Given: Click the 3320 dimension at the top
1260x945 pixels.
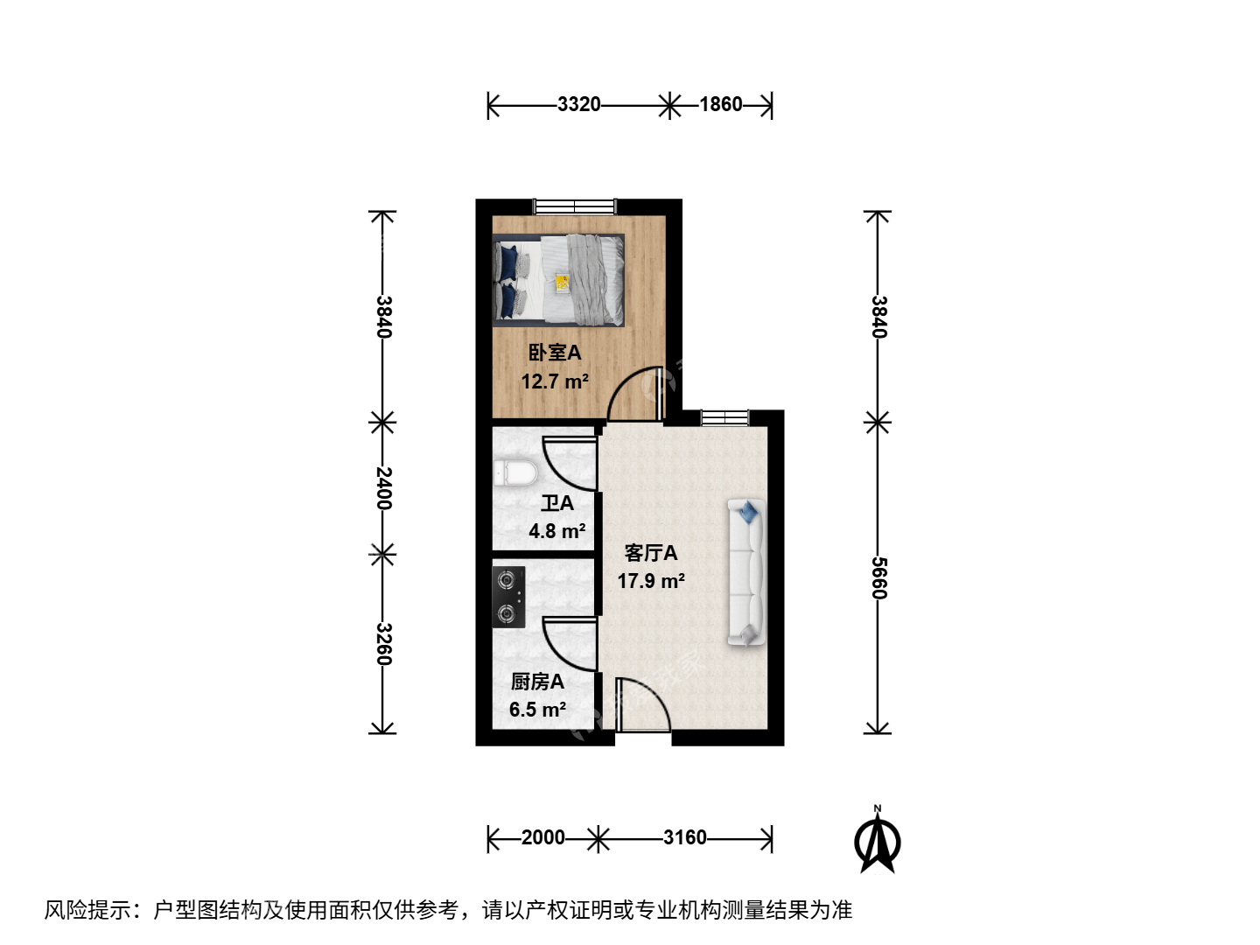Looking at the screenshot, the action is click(578, 104).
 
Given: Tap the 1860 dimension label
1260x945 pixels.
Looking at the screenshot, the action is click(720, 104).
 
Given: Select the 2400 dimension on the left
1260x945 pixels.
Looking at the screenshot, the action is click(383, 488).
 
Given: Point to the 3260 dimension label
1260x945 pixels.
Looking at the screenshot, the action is click(383, 644).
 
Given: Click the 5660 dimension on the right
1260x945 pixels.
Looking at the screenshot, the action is click(878, 577).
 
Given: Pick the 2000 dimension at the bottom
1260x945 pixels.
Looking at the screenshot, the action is click(543, 837).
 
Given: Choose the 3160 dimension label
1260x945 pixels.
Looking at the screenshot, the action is click(685, 837).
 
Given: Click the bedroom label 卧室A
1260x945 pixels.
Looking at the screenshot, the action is click(555, 353).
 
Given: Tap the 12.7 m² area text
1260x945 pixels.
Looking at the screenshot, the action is click(555, 381).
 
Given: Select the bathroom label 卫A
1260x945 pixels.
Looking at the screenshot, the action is click(557, 503).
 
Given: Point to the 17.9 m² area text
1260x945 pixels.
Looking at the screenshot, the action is click(651, 581).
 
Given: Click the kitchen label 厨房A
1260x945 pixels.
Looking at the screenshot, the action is click(537, 682).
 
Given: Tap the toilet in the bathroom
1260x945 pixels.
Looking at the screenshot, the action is click(515, 473).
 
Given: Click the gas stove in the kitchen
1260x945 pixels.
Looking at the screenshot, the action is click(508, 597).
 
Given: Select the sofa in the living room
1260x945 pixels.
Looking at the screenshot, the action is click(747, 572).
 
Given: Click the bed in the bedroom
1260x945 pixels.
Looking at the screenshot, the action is click(558, 280).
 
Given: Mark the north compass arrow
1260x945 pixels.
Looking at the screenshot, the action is click(877, 841).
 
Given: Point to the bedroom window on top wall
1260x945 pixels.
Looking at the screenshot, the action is click(575, 206).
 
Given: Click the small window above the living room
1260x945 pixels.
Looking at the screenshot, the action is click(725, 417).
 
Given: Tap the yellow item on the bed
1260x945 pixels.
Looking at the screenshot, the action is click(562, 283).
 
